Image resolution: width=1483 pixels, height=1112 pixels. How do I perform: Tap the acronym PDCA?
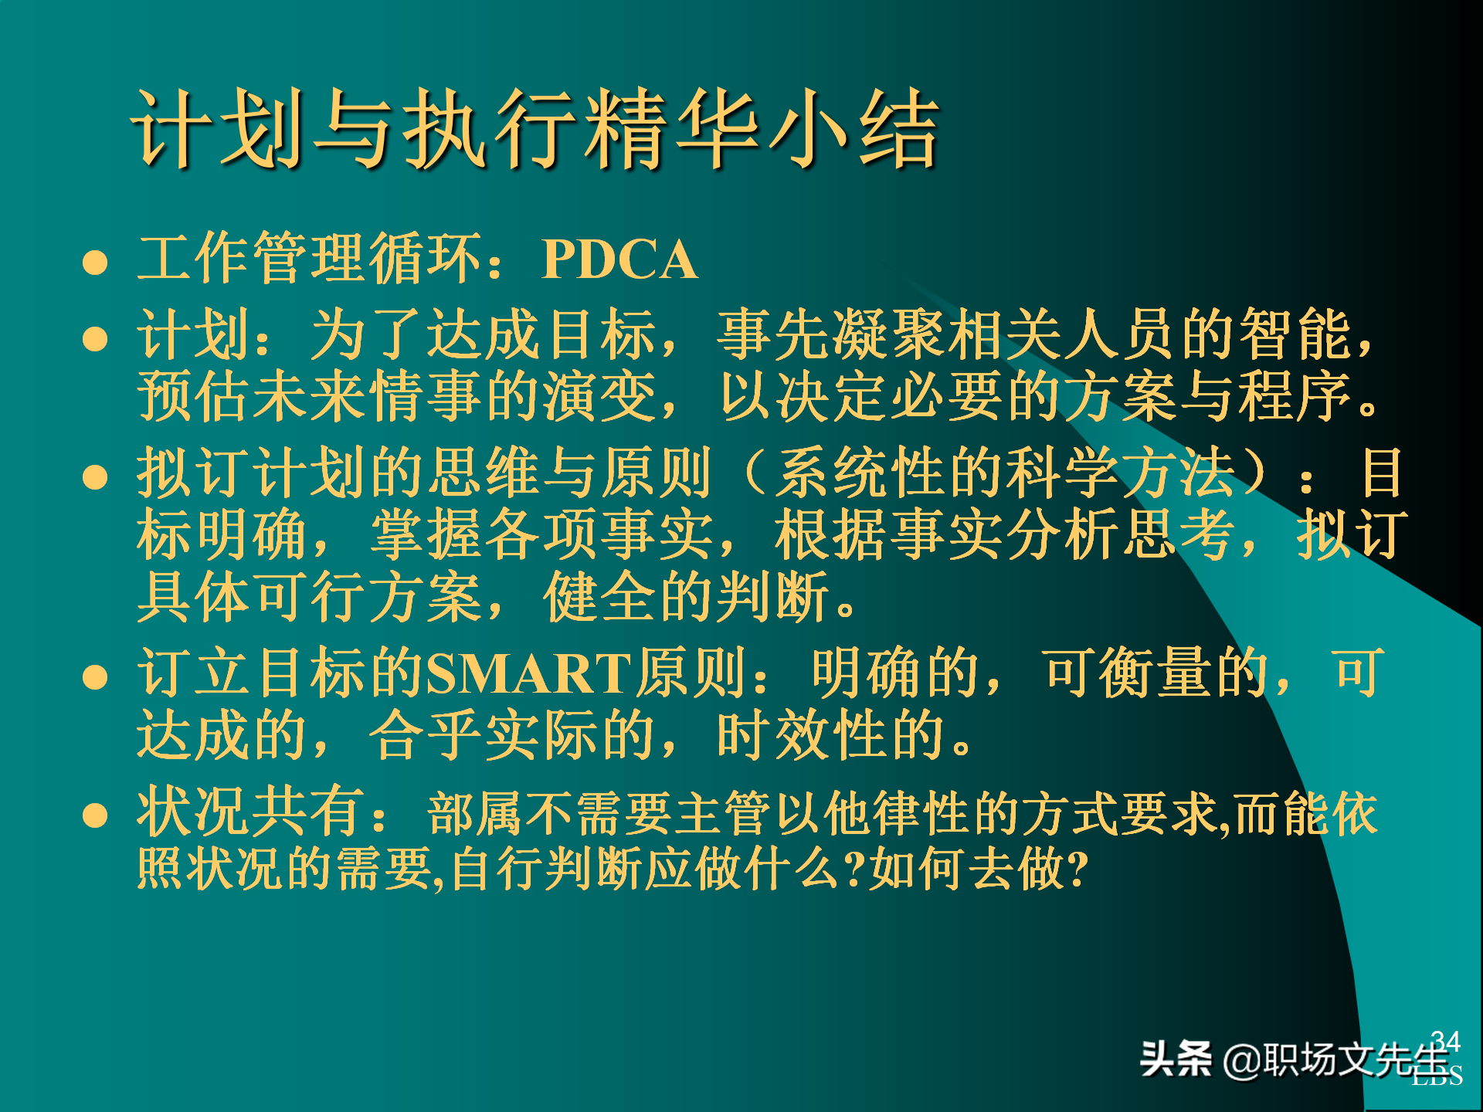click(619, 259)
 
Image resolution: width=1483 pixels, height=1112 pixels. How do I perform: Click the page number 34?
click(1445, 1041)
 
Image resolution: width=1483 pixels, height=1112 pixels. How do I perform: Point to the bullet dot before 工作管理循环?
click(95, 263)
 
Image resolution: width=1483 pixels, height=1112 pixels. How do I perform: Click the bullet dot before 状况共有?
click(95, 815)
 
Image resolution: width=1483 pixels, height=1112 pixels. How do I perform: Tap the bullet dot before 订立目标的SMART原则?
click(95, 677)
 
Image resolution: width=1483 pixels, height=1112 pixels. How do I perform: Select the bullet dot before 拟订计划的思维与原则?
click(95, 476)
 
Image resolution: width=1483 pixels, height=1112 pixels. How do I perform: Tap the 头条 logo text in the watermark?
click(1176, 1059)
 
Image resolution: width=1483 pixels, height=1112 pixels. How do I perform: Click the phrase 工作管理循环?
click(309, 259)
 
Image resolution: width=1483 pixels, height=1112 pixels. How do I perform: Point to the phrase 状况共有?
click(250, 812)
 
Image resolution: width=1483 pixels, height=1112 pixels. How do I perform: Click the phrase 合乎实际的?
click(513, 735)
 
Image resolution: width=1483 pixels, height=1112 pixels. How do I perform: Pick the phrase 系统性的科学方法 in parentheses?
click(1004, 473)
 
